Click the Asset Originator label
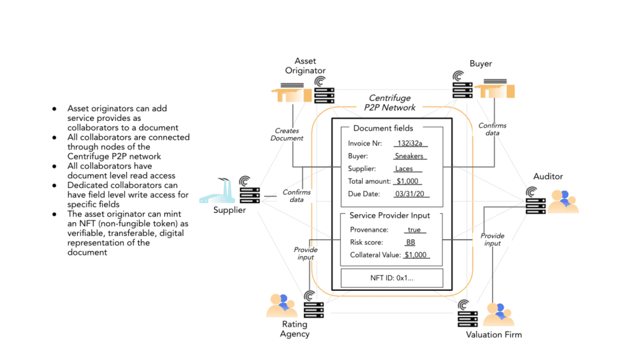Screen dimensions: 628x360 (305, 66)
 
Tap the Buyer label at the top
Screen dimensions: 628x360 (481, 63)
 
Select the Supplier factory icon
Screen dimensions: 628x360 (217, 191)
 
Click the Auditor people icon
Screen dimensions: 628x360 (563, 201)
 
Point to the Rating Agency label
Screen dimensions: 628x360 (295, 329)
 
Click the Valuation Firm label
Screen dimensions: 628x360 (494, 335)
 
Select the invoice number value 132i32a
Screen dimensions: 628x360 (410, 143)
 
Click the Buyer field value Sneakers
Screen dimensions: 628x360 (409, 156)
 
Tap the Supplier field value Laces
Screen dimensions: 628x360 (404, 169)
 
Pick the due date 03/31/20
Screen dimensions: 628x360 (410, 194)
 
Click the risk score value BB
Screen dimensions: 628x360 (411, 243)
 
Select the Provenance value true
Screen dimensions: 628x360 (414, 230)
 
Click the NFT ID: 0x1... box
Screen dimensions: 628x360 (392, 278)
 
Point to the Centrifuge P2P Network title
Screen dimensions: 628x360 (390, 103)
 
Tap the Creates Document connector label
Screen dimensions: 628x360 (287, 134)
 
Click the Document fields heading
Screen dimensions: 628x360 (383, 128)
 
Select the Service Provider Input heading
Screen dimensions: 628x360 (390, 215)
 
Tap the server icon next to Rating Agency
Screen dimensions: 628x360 (313, 305)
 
